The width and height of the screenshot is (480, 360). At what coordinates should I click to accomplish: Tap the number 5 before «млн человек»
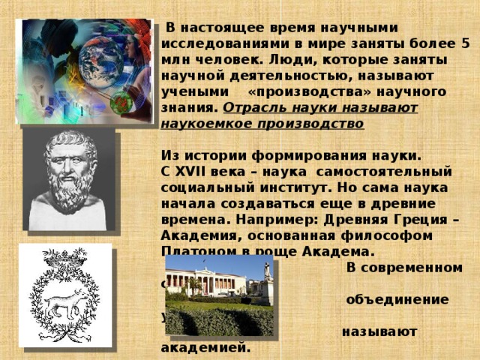click(x=464, y=44)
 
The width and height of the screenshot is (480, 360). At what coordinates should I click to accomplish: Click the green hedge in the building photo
click(x=217, y=320)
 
